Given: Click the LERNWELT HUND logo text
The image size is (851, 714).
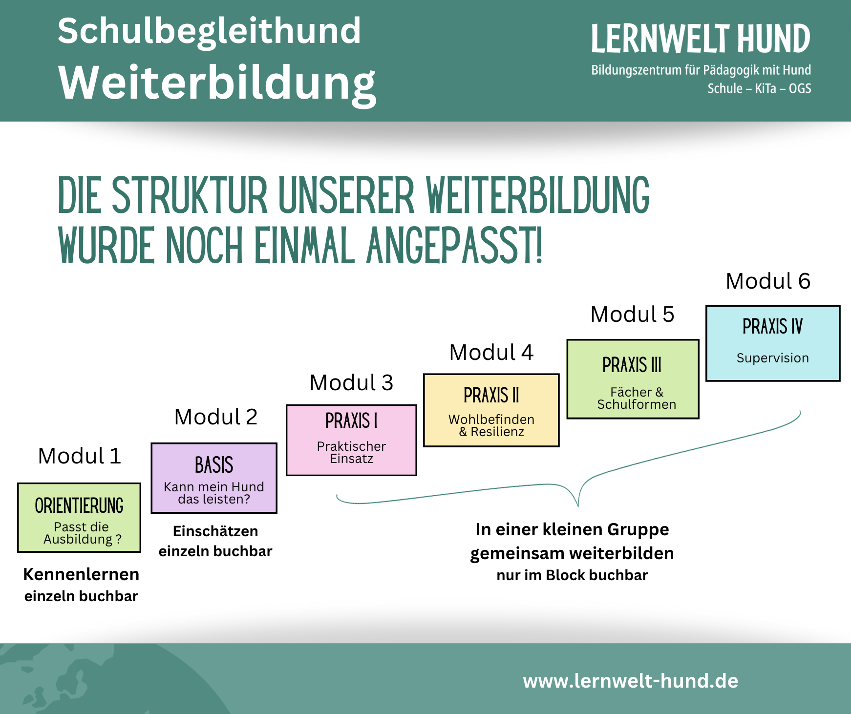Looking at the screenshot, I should (x=701, y=39).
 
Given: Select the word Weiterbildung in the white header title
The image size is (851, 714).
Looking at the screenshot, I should (x=217, y=83).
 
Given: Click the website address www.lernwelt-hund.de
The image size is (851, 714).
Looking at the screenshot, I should (x=630, y=681).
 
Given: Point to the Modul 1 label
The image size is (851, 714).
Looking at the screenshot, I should (x=79, y=456).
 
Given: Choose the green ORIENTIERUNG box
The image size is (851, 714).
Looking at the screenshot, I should (x=79, y=518).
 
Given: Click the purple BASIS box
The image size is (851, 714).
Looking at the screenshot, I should (x=214, y=478).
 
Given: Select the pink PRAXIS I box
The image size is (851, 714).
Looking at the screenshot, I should (x=351, y=440).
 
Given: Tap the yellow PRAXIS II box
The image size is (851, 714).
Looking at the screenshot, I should (x=491, y=410).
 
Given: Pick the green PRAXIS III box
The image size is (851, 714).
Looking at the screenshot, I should (x=633, y=379).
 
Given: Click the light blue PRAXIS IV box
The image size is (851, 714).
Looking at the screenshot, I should (x=772, y=343).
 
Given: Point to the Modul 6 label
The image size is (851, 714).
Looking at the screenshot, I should (x=768, y=281).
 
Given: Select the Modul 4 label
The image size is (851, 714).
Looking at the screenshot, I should (x=491, y=353).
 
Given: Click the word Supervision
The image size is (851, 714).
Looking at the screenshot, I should (x=772, y=358).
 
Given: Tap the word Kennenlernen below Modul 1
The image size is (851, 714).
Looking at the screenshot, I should (x=81, y=574).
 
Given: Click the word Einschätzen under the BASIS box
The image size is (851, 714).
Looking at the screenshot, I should (x=215, y=531).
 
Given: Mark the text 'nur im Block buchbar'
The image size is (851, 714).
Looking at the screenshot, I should (x=572, y=575).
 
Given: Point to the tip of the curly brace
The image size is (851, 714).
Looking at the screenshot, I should (x=578, y=505).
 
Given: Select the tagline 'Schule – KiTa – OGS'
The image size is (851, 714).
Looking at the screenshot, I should (x=759, y=89).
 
